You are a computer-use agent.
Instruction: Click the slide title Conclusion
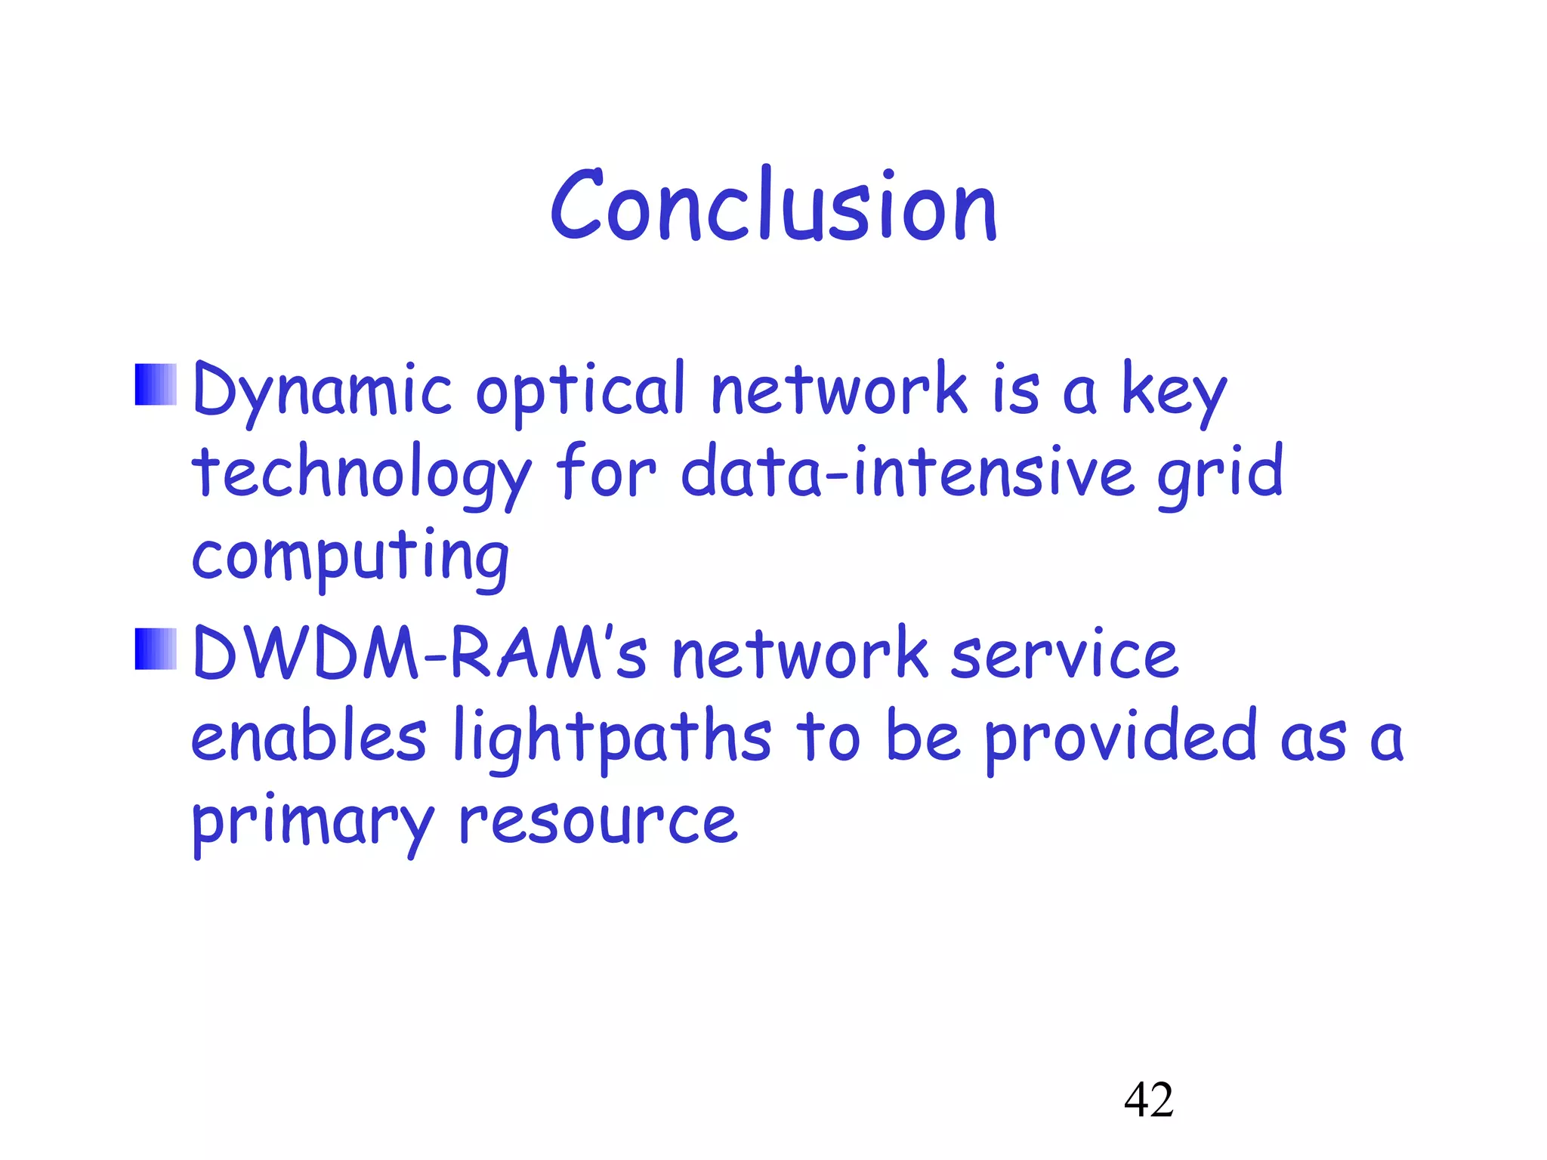[773, 205]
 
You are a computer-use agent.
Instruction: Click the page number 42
[1148, 1100]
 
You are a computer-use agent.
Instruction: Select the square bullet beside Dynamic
[156, 384]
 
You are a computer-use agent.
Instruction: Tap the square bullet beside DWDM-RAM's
[156, 649]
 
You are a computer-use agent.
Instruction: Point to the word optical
[580, 391]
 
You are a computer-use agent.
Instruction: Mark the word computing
[350, 559]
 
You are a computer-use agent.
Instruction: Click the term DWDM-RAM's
[420, 652]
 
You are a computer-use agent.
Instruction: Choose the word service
[1064, 654]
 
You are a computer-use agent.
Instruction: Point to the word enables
[308, 736]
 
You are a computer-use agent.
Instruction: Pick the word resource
[597, 820]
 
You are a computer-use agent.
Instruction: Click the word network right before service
[800, 654]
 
